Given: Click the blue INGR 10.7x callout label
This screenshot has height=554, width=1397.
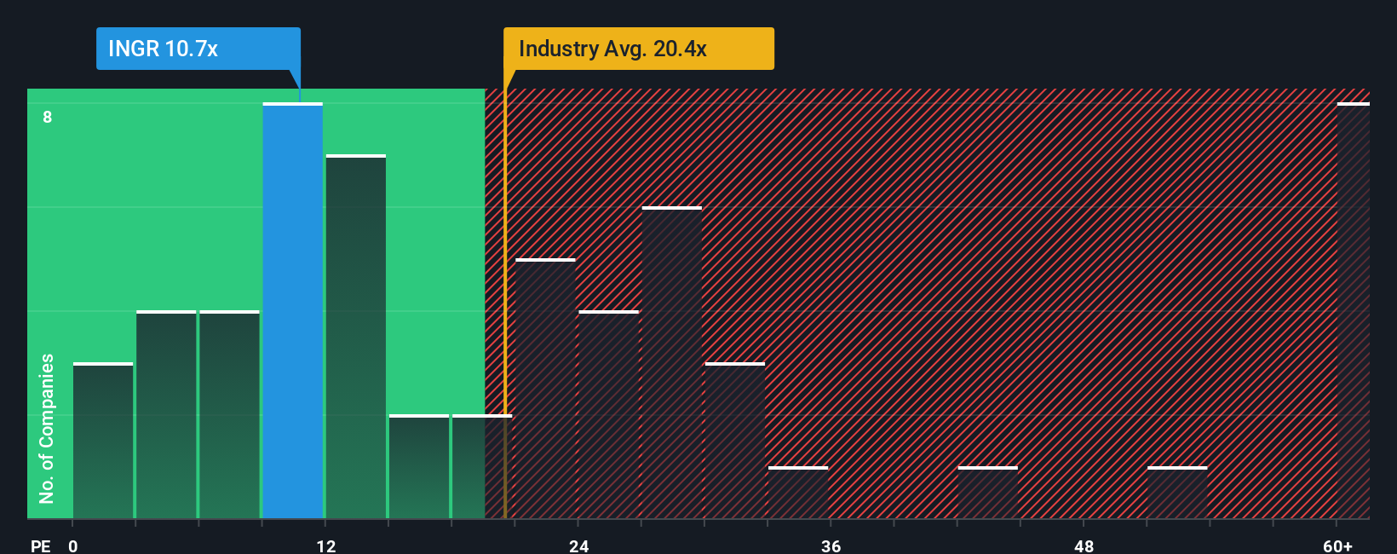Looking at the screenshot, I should coord(198,49).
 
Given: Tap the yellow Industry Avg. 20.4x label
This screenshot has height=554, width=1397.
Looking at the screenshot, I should coord(638,49).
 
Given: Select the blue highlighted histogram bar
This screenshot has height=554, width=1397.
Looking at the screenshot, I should coord(293,311).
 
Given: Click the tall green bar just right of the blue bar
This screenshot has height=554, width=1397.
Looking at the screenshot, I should coord(356,337).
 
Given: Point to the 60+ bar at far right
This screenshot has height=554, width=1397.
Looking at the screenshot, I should coord(1353,311).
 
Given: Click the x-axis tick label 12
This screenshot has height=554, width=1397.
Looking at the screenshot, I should coord(326,545).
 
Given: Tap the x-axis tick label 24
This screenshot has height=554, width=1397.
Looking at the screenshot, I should coord(579,545).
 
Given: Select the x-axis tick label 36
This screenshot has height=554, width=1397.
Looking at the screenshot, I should coord(831,545).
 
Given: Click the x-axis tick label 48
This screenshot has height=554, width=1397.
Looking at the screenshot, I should coord(1084,545).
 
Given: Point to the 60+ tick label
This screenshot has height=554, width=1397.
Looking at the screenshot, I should coord(1337,545).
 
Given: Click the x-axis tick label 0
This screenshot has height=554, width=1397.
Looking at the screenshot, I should coord(73,545).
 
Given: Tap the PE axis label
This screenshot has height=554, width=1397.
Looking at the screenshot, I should coord(40,545).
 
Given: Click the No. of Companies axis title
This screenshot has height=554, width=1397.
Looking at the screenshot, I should coord(47,428).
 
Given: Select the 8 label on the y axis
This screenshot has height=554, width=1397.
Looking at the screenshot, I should coord(48,117).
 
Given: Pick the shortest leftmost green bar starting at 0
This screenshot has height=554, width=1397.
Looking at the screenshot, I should coord(103,441).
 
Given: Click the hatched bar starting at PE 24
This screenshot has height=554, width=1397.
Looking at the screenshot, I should coord(609,415).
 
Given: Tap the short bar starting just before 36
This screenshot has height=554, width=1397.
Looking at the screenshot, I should coord(798,493).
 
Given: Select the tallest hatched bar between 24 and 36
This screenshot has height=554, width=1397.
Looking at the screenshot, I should coord(672,362).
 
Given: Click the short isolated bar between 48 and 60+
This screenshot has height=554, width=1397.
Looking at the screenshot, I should coord(1177,493).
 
